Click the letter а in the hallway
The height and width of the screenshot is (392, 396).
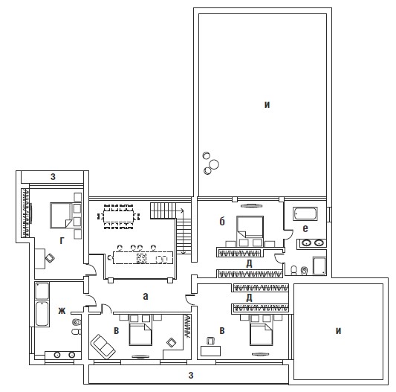pyautogui.click(x=145, y=296)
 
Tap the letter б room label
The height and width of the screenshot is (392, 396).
pyautogui.click(x=221, y=221)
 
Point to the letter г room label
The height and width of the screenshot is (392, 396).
pyautogui.click(x=62, y=240)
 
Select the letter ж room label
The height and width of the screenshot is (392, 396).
pyautogui.click(x=62, y=311)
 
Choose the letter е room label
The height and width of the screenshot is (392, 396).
pyautogui.click(x=305, y=228)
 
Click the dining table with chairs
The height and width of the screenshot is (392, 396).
pyautogui.click(x=118, y=216)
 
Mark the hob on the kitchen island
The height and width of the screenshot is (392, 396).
pyautogui.click(x=141, y=258)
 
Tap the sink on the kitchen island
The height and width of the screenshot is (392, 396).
pyautogui.click(x=161, y=259)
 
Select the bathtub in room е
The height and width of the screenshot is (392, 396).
pyautogui.click(x=305, y=214)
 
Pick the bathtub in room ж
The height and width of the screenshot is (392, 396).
pyautogui.click(x=42, y=314)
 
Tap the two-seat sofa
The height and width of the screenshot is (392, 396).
pyautogui.click(x=103, y=347)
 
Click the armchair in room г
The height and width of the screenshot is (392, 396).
pyautogui.click(x=50, y=258)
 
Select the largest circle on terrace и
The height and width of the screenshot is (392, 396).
pyautogui.click(x=214, y=164)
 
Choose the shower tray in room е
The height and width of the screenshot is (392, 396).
pyautogui.click(x=319, y=266)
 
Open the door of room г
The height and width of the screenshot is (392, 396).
pyautogui.click(x=91, y=269)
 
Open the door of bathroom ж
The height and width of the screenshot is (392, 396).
pyautogui.click(x=91, y=301)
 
